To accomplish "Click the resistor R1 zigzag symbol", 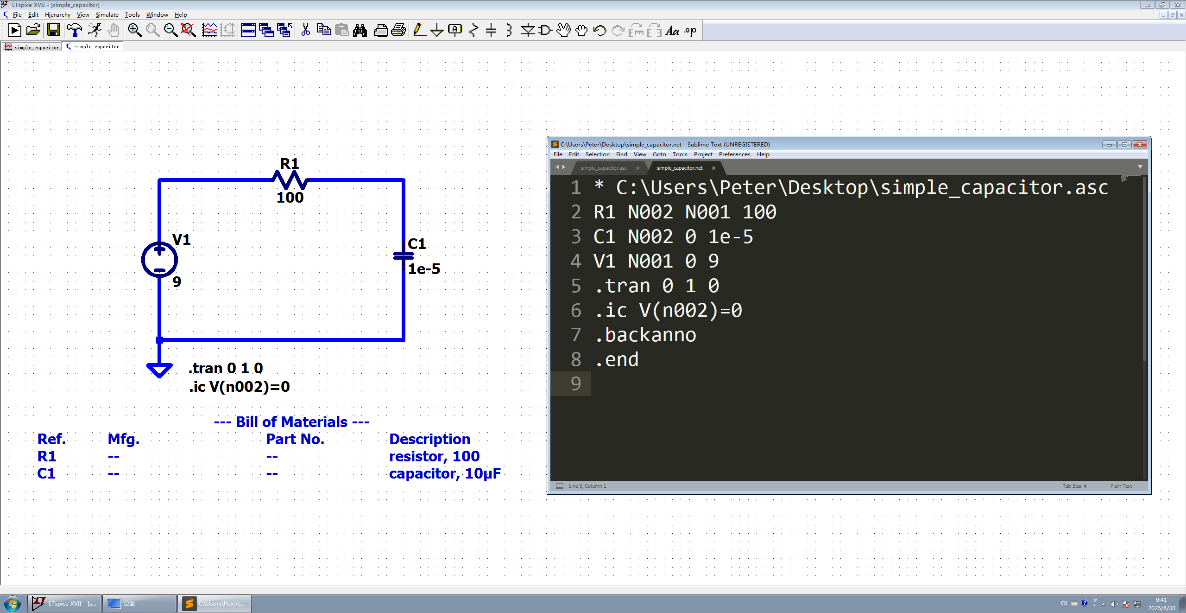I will pyautogui.click(x=290, y=179).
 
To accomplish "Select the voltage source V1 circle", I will pyautogui.click(x=159, y=260).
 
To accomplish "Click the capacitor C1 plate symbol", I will pyautogui.click(x=403, y=255).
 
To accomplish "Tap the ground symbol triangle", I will pyautogui.click(x=159, y=370).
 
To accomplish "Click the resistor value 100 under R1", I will pyautogui.click(x=290, y=198).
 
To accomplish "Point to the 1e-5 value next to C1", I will pyautogui.click(x=424, y=269).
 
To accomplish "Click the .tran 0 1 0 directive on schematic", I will pyautogui.click(x=226, y=368).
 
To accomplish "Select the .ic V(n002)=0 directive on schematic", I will pyautogui.click(x=240, y=387).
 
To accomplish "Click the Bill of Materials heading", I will pyautogui.click(x=291, y=422).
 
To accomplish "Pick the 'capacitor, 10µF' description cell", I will pyautogui.click(x=445, y=473).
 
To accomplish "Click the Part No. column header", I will pyautogui.click(x=295, y=439).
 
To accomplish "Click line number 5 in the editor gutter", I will pyautogui.click(x=575, y=286).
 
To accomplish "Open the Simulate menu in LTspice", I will pyautogui.click(x=107, y=15).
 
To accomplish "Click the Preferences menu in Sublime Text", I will pyautogui.click(x=734, y=154).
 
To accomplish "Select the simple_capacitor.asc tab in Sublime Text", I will pyautogui.click(x=603, y=168).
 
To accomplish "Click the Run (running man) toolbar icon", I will pyautogui.click(x=95, y=31).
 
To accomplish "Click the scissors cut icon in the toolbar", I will pyautogui.click(x=305, y=31).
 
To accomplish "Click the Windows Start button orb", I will pyautogui.click(x=13, y=604).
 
